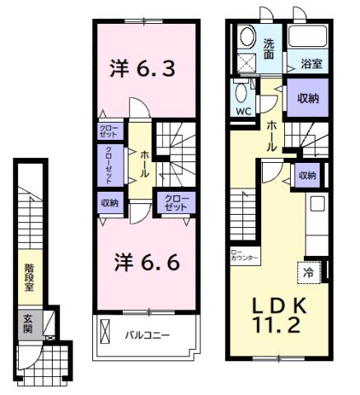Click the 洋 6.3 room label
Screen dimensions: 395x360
143,69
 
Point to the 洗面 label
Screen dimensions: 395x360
270,48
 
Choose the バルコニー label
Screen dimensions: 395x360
147,335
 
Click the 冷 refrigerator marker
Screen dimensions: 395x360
304,270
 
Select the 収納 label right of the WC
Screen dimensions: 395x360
306,97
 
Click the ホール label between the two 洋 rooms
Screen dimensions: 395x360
143,160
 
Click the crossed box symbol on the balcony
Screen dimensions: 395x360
105,332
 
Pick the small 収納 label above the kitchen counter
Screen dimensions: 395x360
306,175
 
